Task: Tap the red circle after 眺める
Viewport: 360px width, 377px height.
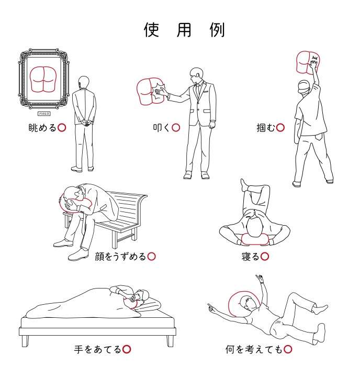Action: [62, 127]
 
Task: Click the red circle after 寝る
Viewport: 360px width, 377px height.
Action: [265, 257]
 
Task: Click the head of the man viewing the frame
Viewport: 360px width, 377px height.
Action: [84, 82]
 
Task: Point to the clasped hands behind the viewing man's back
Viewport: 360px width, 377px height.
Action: [85, 120]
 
